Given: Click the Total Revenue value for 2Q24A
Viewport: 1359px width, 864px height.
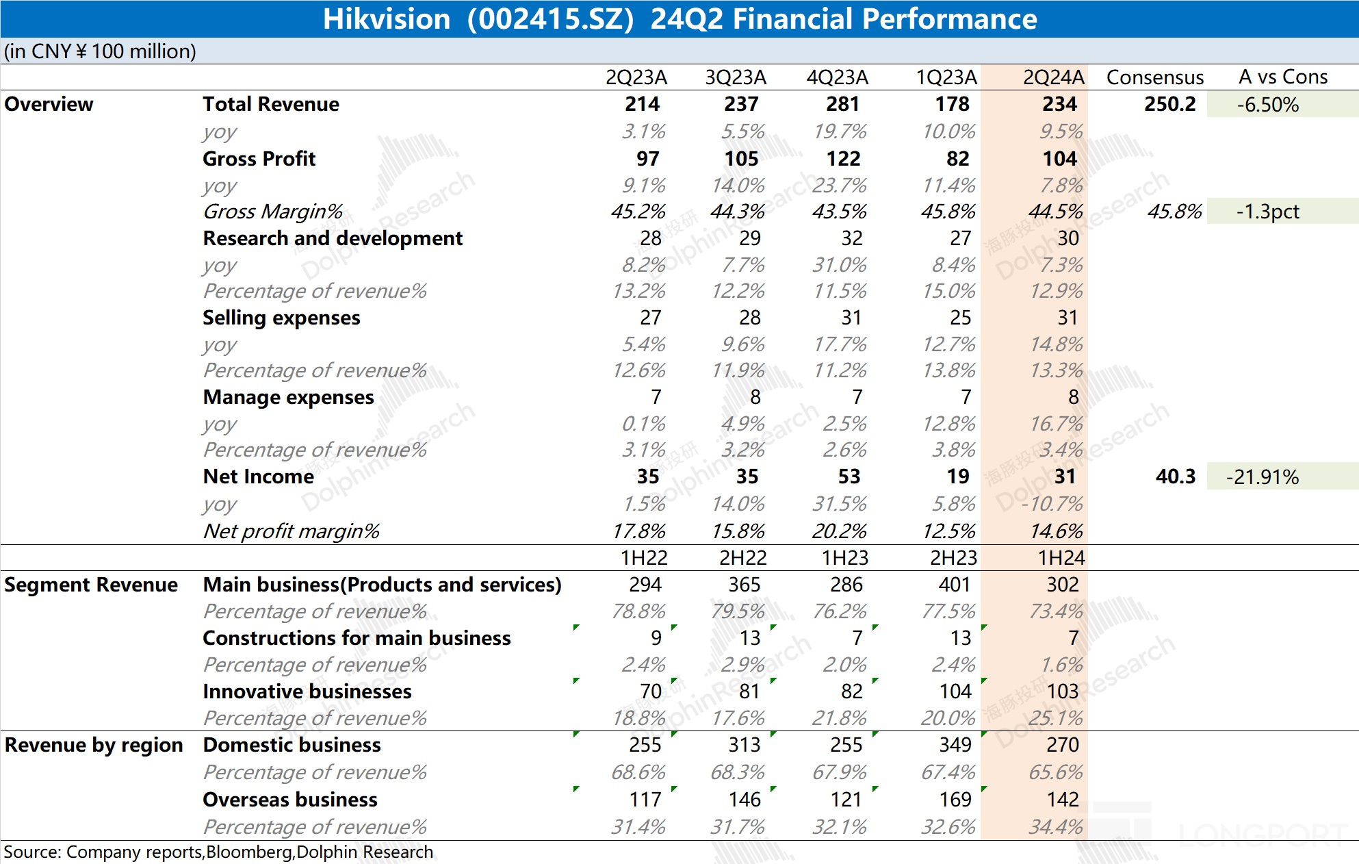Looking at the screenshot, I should [1059, 104].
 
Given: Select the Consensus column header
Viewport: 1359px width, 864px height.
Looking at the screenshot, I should [1154, 77].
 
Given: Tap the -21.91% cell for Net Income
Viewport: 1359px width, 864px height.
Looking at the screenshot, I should [1262, 477].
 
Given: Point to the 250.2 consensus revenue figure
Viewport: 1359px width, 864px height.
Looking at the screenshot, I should [1169, 104].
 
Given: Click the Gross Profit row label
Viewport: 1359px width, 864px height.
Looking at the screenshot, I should [259, 159].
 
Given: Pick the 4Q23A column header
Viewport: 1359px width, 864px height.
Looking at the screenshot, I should [837, 77].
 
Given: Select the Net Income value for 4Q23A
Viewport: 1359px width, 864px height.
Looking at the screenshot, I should [849, 477].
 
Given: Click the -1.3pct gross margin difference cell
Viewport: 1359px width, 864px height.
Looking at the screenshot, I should [1267, 212].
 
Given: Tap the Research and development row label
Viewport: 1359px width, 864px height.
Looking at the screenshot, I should [333, 238].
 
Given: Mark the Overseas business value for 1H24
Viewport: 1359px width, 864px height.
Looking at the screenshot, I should [1062, 799].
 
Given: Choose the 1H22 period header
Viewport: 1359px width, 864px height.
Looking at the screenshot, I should [643, 558].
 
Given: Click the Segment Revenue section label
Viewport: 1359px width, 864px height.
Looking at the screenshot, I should [90, 585].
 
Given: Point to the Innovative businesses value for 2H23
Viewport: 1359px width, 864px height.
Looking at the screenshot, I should [955, 691].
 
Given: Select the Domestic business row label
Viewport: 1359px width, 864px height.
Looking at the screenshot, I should [292, 745].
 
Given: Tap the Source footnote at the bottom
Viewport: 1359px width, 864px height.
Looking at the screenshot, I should [218, 852].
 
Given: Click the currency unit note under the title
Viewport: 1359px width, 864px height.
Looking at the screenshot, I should [100, 51].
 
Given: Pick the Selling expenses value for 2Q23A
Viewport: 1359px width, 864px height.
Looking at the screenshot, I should [650, 318].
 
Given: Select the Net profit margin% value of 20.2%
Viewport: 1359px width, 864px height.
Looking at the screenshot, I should [839, 531].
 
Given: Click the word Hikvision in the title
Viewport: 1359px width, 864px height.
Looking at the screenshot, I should [386, 19].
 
